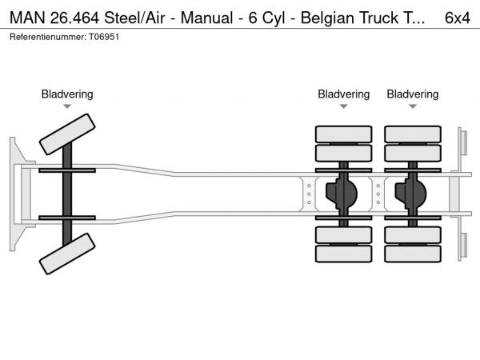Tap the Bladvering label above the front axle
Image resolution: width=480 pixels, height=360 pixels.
click(x=67, y=94)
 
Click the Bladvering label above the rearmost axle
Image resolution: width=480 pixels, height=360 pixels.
click(x=413, y=94)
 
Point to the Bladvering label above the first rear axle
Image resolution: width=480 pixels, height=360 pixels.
click(x=343, y=94)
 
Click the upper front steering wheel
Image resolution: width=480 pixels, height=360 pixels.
click(x=67, y=134)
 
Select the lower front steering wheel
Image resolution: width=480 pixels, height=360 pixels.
click(x=67, y=258)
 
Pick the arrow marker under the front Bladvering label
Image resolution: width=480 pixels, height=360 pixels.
click(x=67, y=106)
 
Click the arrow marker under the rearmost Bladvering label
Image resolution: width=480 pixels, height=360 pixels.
click(x=413, y=106)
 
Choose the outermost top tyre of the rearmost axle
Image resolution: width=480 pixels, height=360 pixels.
click(x=413, y=134)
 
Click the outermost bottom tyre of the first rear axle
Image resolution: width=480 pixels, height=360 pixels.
click(x=343, y=255)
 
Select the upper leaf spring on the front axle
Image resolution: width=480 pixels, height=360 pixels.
click(x=67, y=171)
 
